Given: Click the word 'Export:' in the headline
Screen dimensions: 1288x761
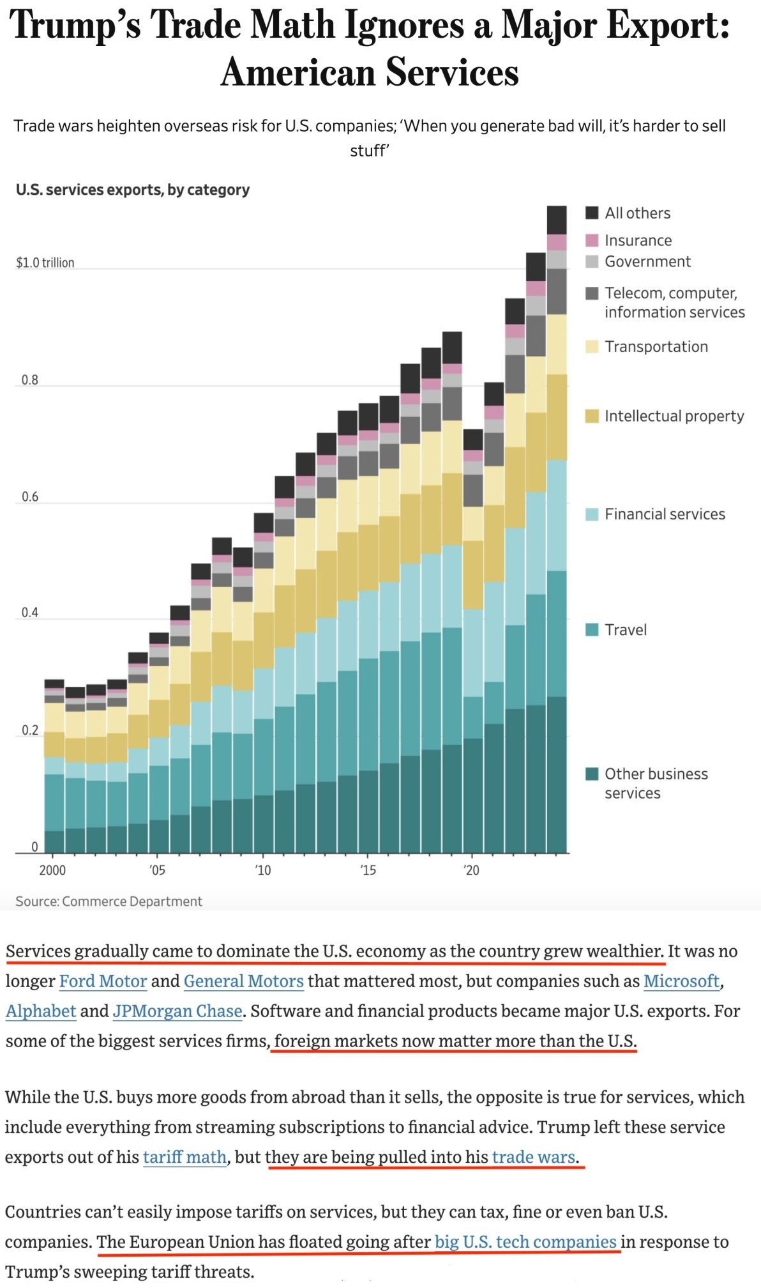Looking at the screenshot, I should click(x=667, y=26).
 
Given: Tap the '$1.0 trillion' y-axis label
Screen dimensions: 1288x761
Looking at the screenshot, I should click(x=45, y=263).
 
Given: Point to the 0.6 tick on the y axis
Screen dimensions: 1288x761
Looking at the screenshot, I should click(x=29, y=496).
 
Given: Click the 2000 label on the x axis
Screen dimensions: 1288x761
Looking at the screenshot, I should click(x=52, y=870).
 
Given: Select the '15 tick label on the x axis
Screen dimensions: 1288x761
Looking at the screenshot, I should click(x=368, y=870).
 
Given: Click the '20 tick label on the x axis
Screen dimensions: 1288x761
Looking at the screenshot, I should click(x=471, y=870).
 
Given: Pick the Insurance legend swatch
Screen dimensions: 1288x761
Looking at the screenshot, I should click(x=592, y=240).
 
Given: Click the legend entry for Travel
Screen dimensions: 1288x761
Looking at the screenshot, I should click(x=625, y=630).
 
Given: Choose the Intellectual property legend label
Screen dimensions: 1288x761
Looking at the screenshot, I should click(x=674, y=416).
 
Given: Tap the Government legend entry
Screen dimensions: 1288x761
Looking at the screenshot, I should click(x=647, y=261).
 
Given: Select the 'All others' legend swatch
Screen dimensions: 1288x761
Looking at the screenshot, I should click(x=592, y=213).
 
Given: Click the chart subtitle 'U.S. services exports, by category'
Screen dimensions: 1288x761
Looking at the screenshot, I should click(x=133, y=190).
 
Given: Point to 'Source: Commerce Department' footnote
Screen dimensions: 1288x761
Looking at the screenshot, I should click(x=109, y=901).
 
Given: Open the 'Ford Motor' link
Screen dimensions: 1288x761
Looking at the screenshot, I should click(x=103, y=981).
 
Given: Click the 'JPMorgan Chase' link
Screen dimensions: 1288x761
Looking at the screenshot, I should click(x=177, y=1011).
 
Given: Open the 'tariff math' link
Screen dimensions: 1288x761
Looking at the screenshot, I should click(x=185, y=1156).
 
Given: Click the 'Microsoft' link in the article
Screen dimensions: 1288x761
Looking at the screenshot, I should click(x=681, y=981).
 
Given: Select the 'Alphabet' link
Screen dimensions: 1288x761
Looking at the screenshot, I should click(x=41, y=1011).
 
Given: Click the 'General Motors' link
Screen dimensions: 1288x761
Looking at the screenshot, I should click(x=243, y=981).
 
